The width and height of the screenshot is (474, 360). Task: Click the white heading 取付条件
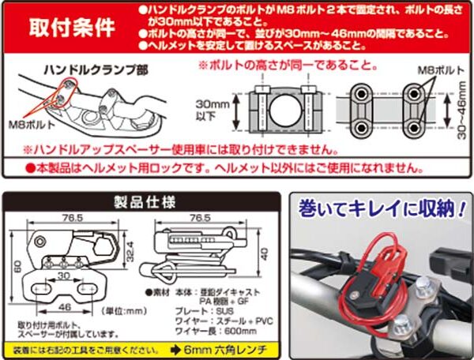[72, 27]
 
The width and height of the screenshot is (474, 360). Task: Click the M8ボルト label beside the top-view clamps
[434, 69]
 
